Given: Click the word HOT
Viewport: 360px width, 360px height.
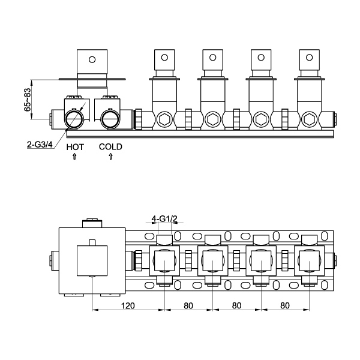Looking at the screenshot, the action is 75,147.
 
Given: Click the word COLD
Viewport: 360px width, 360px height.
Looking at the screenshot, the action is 110,147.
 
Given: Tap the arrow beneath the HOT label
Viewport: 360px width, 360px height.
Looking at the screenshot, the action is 74,157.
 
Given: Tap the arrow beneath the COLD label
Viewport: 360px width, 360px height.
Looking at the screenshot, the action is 110,157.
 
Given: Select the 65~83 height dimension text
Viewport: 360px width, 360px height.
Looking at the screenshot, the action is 28,100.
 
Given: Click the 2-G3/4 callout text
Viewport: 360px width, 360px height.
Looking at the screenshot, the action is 40,145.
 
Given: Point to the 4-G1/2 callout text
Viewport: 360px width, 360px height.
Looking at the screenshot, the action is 164,219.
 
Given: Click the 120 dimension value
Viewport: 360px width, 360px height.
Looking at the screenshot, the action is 128,305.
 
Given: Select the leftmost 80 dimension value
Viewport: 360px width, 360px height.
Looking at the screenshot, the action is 188,305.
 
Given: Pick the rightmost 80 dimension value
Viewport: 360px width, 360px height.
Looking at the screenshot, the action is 285,305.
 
